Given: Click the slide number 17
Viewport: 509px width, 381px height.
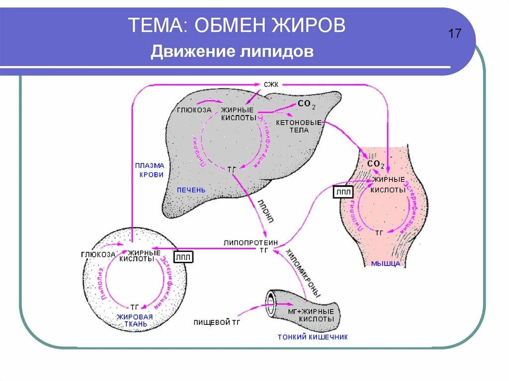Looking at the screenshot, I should coord(455,34).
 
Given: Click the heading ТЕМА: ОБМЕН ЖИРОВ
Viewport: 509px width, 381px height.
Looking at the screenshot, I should coord(237,25).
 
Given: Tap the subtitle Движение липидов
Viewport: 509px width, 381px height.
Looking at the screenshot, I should coord(232,52).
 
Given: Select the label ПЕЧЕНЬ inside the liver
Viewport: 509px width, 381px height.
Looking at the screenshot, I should coord(191,190).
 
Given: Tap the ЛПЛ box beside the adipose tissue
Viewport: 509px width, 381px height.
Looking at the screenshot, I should coord(183,256).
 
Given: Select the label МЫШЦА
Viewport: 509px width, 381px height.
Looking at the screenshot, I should coord(385,264).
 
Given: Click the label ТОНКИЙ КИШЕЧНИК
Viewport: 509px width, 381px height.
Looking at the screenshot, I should coord(313,337).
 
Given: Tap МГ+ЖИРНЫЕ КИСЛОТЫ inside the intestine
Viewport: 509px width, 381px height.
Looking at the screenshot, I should coord(311,315).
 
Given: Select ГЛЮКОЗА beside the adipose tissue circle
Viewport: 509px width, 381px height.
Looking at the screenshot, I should coord(98,255).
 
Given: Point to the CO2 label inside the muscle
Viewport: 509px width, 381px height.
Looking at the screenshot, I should coord(376,163).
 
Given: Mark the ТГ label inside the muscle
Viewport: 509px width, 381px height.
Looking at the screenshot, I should coord(379,232).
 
